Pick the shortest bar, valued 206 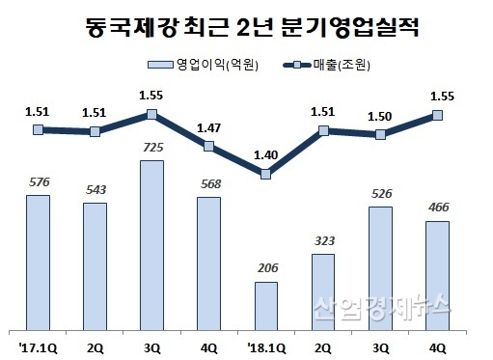(x=265, y=304)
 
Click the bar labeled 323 (x=323, y=291)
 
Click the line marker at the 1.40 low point (x=266, y=174)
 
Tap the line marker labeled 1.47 (x=208, y=146)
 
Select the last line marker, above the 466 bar (x=437, y=115)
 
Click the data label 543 (x=95, y=188)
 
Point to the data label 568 (x=208, y=182)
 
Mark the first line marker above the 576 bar (x=38, y=129)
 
